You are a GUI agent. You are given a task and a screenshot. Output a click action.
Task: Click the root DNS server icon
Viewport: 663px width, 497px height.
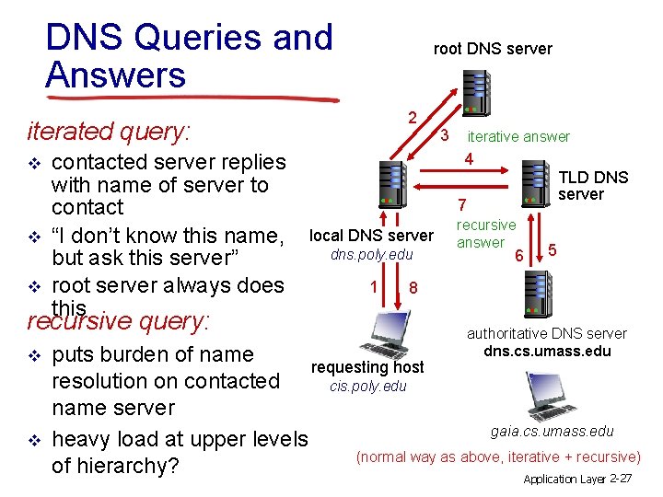pyautogui.click(x=476, y=92)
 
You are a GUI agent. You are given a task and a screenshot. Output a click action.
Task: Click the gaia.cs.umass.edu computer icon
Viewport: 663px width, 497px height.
pyautogui.click(x=544, y=398)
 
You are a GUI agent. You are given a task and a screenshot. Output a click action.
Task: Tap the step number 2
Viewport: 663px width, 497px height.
pyautogui.click(x=413, y=117)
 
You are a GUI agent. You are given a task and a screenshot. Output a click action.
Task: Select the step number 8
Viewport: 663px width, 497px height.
pyautogui.click(x=414, y=288)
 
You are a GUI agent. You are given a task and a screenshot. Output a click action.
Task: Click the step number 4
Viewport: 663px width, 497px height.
pyautogui.click(x=469, y=159)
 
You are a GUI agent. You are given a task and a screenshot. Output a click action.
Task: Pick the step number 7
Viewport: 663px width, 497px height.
pyautogui.click(x=464, y=204)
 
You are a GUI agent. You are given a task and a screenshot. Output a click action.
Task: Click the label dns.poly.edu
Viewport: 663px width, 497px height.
pyautogui.click(x=372, y=254)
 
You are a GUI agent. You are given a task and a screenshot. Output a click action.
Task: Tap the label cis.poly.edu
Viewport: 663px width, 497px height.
pyautogui.click(x=367, y=386)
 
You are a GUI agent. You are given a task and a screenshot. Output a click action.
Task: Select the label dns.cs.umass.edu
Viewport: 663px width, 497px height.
pyautogui.click(x=547, y=351)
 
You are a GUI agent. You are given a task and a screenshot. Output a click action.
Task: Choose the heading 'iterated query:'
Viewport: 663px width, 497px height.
pyautogui.click(x=109, y=132)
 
